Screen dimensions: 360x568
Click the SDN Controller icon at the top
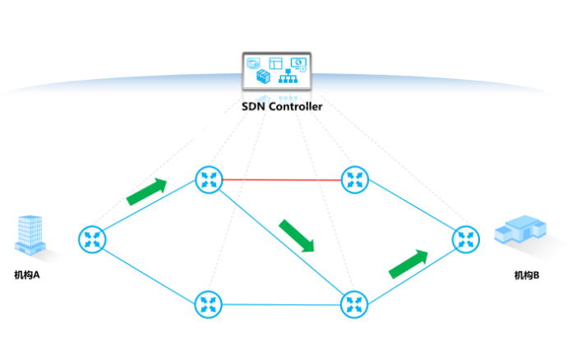click(275, 72)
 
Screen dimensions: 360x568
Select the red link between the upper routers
click(281, 178)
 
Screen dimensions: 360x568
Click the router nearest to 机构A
click(93, 239)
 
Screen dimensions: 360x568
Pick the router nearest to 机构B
click(466, 239)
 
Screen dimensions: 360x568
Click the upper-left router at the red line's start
click(208, 178)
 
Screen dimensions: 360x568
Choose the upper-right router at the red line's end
click(355, 178)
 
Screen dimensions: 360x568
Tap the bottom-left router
click(208, 304)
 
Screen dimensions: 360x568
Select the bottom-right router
click(355, 304)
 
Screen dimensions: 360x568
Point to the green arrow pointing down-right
click(297, 236)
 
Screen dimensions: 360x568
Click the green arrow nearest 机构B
click(409, 265)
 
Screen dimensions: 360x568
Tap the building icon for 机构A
click(30, 235)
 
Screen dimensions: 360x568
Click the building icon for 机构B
click(520, 229)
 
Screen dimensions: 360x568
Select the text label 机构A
click(27, 275)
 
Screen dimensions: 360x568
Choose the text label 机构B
click(527, 275)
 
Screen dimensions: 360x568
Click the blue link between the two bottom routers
click(281, 304)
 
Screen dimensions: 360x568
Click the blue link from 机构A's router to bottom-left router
click(150, 272)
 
